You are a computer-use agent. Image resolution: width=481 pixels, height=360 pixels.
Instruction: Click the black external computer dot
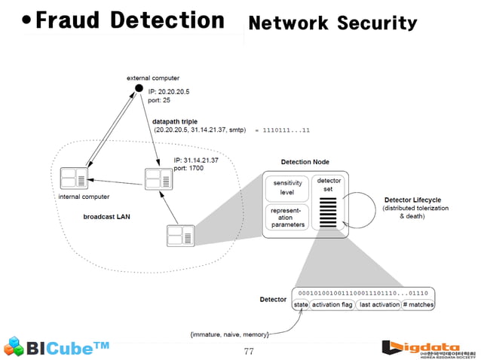tap(139, 88)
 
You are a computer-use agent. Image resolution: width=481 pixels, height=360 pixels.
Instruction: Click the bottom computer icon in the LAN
tap(180, 236)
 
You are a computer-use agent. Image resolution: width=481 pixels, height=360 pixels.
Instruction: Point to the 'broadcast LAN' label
tap(106, 217)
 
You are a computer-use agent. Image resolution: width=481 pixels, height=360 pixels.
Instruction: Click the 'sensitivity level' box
tap(286, 188)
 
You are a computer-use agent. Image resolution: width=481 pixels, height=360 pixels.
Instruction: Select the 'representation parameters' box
tap(286, 216)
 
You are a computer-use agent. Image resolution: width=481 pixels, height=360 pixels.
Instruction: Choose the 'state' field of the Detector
tap(301, 304)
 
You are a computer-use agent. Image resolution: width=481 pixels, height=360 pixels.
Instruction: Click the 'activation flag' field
tap(332, 304)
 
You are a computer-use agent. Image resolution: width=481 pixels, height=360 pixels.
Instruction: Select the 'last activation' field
tap(379, 304)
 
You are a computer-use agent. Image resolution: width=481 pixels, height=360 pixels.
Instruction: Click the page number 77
tap(250, 351)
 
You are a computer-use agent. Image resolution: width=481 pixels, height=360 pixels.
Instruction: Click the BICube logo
tap(57, 347)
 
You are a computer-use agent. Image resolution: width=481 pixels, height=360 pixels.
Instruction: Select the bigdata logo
tap(428, 347)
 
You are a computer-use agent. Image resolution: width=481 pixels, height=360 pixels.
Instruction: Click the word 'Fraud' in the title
tap(70, 20)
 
